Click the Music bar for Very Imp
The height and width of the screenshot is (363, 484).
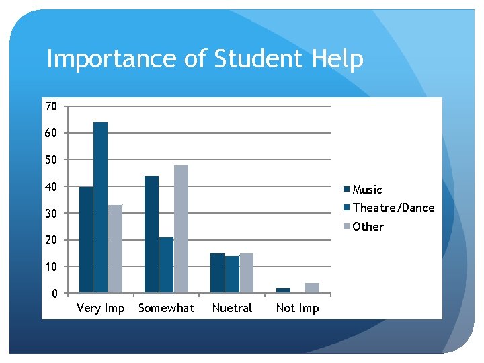[86, 239]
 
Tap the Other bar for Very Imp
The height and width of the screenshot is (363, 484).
[115, 249]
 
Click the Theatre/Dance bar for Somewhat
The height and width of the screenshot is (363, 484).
[166, 265]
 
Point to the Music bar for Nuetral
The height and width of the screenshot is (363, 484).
[217, 273]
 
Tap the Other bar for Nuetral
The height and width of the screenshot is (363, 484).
[246, 273]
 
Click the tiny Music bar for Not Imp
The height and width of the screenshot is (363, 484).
[283, 290]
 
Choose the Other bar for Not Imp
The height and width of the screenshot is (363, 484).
[312, 288]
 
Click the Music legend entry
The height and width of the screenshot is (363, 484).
[366, 190]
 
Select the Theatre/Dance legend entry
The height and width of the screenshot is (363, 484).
[393, 208]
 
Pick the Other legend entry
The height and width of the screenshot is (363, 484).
[368, 227]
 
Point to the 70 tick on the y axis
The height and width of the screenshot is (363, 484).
[50, 106]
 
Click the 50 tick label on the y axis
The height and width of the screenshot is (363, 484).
[50, 160]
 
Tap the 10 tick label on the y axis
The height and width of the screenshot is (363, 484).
[50, 267]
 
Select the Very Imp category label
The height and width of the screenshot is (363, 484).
[101, 309]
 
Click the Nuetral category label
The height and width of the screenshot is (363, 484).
[232, 309]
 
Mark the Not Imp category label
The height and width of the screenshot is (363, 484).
[297, 309]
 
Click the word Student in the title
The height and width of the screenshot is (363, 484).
[259, 59]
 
